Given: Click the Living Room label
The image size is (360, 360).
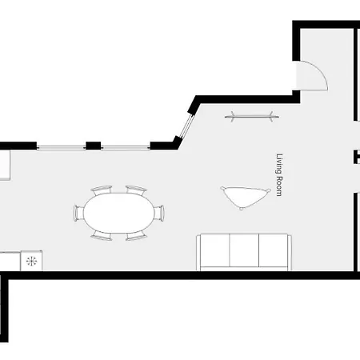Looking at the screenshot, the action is (279, 174).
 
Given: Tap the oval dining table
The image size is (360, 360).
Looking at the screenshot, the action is (119, 213).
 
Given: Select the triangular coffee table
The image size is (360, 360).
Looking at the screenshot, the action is (245, 197).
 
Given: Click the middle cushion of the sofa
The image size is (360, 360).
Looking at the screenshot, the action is (244, 250).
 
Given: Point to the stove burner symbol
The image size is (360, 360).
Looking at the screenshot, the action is (31, 261).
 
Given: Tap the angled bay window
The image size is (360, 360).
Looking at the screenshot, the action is (186, 126).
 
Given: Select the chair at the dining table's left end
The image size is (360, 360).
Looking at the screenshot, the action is (78, 213).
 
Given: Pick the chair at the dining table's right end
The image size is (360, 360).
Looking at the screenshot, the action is (159, 213).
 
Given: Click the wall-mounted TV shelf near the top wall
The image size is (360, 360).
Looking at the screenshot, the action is (252, 117).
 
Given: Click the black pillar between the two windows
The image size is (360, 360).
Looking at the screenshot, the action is (94, 146).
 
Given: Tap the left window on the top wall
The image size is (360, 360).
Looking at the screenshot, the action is (61, 147).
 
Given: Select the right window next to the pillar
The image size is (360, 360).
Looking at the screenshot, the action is (126, 147).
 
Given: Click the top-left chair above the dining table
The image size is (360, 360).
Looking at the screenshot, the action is (102, 190).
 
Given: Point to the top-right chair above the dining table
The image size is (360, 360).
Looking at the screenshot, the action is (136, 190).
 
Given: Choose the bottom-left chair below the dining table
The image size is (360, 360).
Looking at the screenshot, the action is (102, 236).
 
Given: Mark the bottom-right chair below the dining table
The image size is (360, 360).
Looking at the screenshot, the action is (136, 236).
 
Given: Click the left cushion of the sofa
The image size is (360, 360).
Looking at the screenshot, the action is (214, 250).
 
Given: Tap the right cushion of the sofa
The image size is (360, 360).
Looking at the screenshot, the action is (274, 250).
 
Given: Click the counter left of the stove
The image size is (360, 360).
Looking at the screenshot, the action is (10, 262).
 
